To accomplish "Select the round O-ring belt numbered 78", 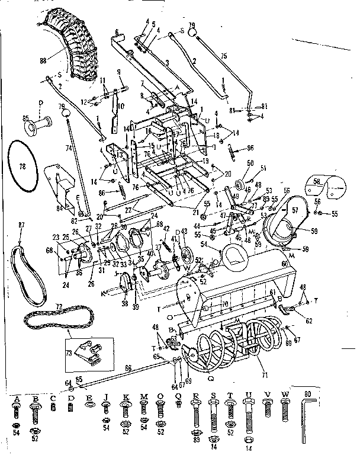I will [x=24, y=168].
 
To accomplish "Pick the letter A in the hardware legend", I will [x=16, y=398].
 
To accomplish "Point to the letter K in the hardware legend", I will [x=125, y=398].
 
